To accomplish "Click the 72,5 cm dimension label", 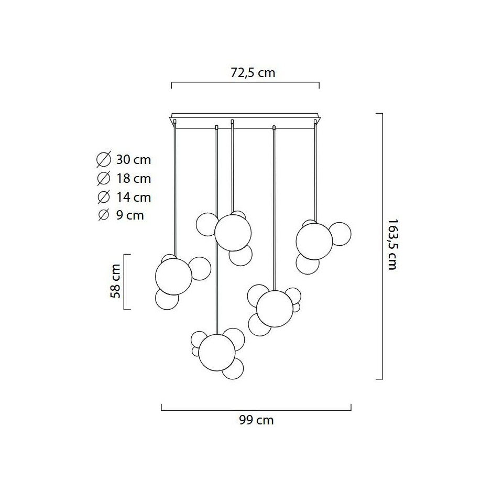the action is click(253, 73).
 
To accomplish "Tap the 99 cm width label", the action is click(256, 420).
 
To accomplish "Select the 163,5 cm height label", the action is click(392, 245).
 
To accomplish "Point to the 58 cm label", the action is click(115, 281).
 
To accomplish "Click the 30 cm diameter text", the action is click(134, 160).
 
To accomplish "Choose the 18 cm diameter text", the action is click(134, 179).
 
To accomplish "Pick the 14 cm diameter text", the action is click(134, 198).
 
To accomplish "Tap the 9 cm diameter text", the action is click(130, 215).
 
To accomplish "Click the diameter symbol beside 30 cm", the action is click(104, 159).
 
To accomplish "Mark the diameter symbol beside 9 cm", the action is click(104, 215).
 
